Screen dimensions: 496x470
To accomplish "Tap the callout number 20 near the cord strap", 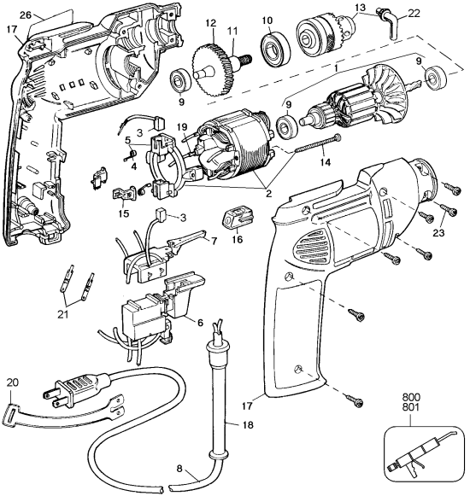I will (12, 382).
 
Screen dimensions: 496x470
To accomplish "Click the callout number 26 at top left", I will (26, 15).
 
